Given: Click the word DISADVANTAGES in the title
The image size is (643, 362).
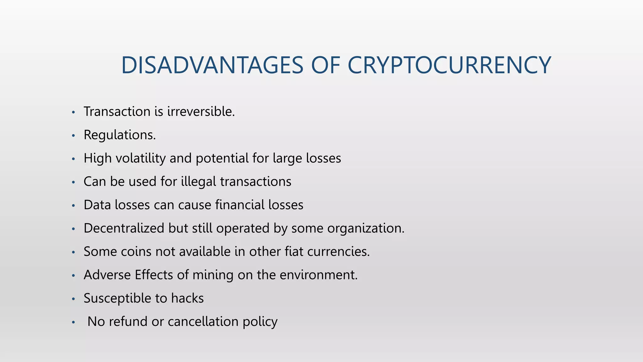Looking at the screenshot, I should [212, 65].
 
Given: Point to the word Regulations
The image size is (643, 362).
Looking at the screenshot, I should [120, 135].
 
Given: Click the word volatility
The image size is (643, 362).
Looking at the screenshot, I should [140, 158].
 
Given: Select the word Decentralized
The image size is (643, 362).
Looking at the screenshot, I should [124, 228].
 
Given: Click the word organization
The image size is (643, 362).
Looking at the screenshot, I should [366, 228].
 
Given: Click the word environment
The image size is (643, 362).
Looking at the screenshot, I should [318, 275].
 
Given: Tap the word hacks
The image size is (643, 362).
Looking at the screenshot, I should [187, 298].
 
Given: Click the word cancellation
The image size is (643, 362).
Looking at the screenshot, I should [203, 321].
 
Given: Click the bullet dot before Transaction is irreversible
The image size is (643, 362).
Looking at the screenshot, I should [73, 112].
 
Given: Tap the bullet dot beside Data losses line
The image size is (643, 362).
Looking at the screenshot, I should [73, 206].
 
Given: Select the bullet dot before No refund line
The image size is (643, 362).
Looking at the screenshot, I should [73, 322].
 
